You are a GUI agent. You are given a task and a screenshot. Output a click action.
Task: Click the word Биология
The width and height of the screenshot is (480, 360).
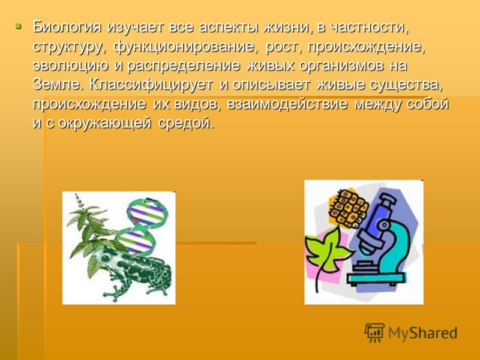pos(67,27)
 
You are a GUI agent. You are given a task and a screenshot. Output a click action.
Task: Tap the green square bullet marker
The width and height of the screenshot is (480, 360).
pos(19,26)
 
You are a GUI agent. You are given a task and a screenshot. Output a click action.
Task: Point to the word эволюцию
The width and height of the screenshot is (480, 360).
pos(70,65)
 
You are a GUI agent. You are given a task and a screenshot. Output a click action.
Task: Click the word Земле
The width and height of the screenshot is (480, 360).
pos(58,85)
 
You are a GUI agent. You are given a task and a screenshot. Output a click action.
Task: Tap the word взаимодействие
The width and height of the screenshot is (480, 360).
pos(287,104)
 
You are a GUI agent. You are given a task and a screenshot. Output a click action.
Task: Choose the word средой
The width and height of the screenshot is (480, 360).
pos(186,123)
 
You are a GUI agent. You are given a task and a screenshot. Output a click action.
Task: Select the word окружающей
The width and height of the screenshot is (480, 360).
pos(104,123)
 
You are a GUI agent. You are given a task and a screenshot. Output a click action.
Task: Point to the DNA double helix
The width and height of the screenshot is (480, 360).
pos(142,227)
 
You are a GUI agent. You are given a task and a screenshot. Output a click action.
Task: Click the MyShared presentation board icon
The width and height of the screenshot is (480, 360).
pos(374,332)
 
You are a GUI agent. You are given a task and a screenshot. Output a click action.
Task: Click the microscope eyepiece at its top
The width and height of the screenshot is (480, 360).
pos(387,199)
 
